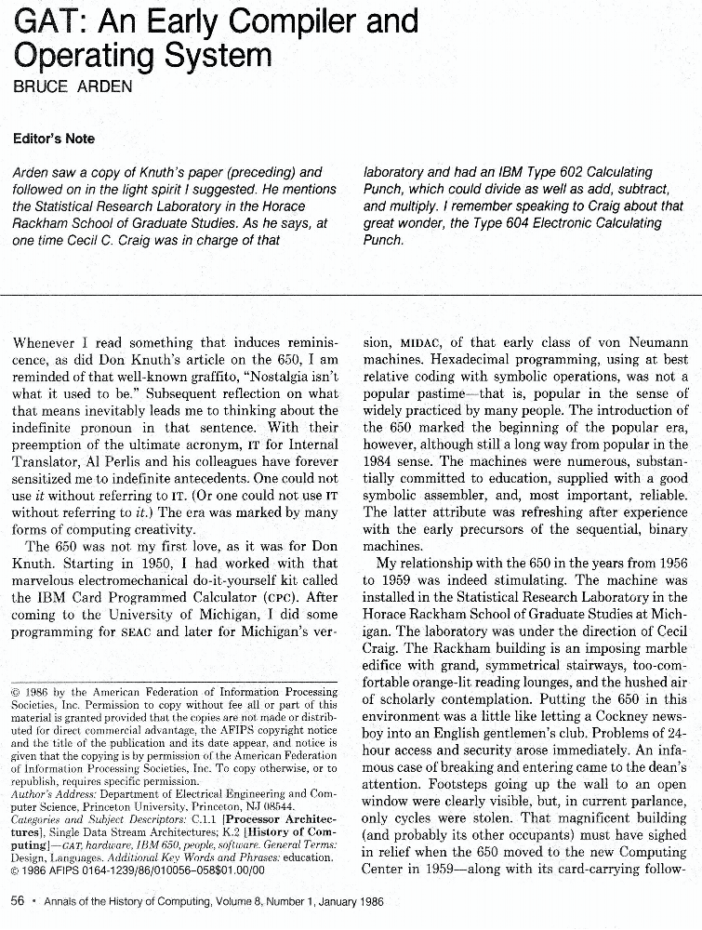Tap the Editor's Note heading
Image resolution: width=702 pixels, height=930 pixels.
coord(54,139)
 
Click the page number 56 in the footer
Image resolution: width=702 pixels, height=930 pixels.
coord(17,901)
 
